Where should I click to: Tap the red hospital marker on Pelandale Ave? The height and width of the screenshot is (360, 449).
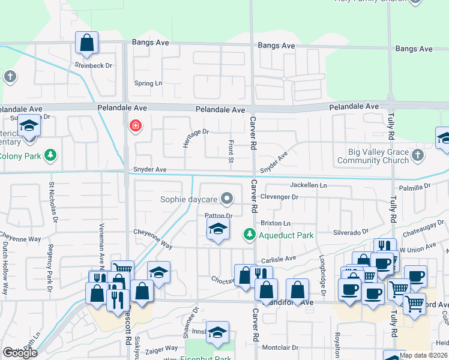135,126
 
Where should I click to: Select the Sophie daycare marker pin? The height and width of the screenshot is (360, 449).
227,198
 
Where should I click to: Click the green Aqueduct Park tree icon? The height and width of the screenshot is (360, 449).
249,235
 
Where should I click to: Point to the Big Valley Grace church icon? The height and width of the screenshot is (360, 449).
418,155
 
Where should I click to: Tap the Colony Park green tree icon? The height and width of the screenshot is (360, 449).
51,156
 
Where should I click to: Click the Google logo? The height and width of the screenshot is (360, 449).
20,353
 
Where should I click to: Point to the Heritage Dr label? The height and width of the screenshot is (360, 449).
196,139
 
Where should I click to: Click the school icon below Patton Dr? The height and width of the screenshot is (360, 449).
218,229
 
